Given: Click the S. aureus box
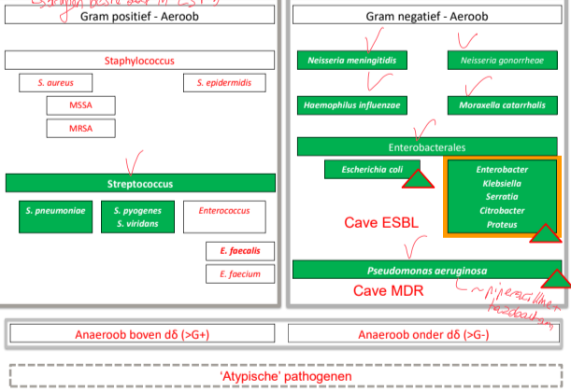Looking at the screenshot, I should [56, 83].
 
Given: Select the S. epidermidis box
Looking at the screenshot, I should [224, 83].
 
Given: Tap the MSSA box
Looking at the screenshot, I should [80, 105].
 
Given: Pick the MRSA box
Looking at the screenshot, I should [80, 127].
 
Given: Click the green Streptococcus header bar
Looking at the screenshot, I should [139, 183].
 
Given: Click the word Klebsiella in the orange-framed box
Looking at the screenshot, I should [502, 185].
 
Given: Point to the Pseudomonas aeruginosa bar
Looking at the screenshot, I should [425, 270].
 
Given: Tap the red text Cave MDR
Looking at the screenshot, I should [388, 291].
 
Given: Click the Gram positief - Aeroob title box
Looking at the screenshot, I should [139, 15].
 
